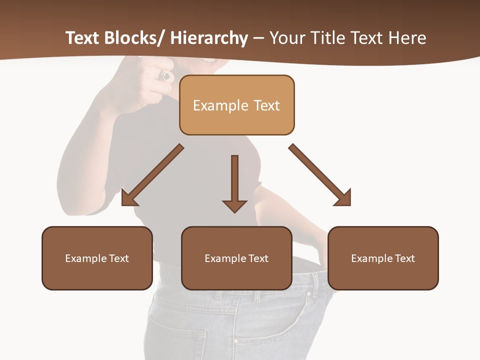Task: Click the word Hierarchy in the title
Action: (x=209, y=38)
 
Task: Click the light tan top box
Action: (x=236, y=90)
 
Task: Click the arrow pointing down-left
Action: (x=152, y=175)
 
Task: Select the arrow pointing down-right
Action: (x=320, y=175)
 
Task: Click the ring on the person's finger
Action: (x=165, y=76)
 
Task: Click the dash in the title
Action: (x=258, y=38)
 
